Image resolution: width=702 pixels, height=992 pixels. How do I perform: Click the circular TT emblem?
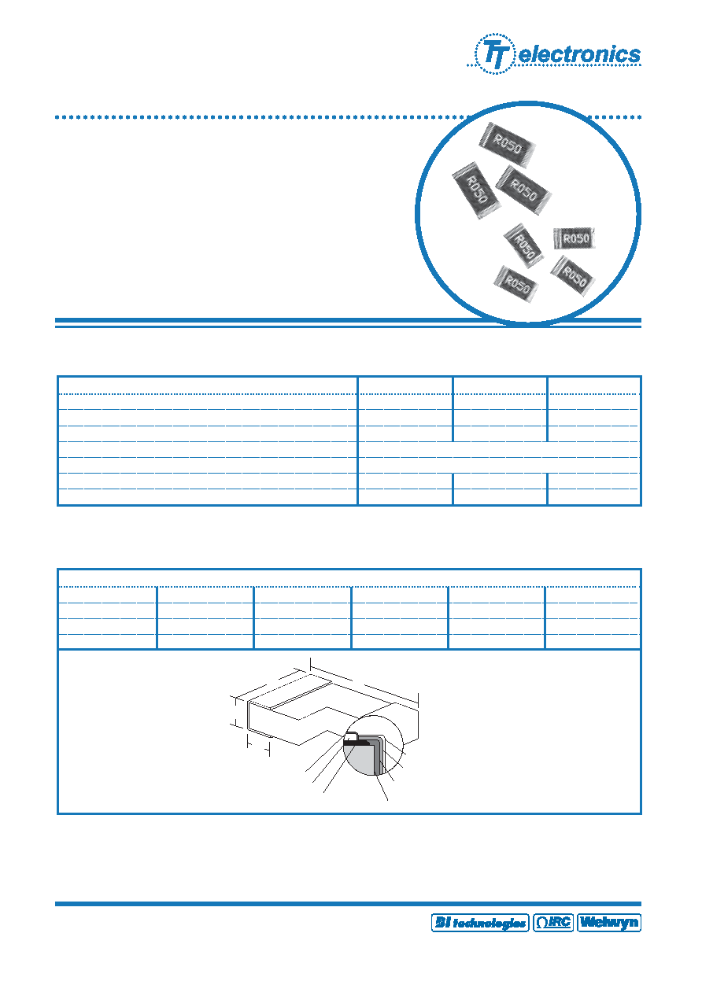pos(494,53)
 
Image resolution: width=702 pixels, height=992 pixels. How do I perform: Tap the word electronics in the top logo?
pos(579,54)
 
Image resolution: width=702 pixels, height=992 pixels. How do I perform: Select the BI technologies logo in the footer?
pos(480,923)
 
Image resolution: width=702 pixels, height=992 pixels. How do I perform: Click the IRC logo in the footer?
pos(553,923)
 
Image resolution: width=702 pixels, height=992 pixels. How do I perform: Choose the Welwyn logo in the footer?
pos(609,923)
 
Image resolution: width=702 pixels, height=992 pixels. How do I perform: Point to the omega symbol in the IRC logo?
pos(542,923)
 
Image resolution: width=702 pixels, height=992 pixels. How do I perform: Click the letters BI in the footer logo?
pos(442,923)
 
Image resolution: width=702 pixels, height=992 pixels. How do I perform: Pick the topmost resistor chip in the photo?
pos(507,145)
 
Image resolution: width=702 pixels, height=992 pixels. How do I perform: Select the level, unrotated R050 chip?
pos(575,238)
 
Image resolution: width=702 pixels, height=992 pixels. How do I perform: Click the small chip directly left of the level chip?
pos(523,245)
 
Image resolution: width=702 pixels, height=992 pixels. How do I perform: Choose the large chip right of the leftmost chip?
pos(523,190)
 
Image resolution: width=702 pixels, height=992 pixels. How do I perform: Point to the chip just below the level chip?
pos(573,276)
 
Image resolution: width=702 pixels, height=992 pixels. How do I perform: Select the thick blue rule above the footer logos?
pos(348,903)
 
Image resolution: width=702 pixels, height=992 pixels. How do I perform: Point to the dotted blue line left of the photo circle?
pos(261,117)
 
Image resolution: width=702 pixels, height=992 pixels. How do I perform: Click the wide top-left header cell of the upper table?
pos(208,385)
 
